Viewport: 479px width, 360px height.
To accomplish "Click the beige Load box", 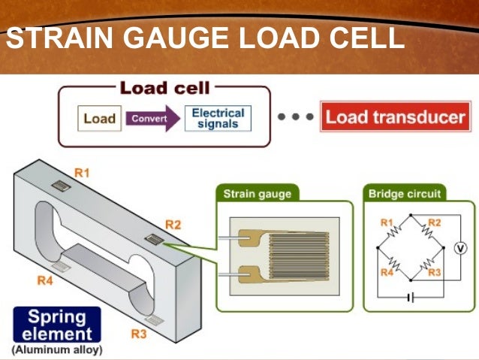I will coord(98,119).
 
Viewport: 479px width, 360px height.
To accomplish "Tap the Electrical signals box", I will coord(218,119).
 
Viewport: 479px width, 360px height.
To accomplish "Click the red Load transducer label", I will coord(395,118).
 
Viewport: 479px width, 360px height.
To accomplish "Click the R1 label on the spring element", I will coord(82,173).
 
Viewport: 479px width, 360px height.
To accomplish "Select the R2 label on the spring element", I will coord(173,224).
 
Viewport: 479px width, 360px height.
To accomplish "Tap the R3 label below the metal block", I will coord(139,334).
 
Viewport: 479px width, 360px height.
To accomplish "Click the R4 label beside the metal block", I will coord(45,281).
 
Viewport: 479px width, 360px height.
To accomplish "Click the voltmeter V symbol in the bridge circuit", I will coord(462,247).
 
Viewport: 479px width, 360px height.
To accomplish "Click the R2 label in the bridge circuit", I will coord(434,222).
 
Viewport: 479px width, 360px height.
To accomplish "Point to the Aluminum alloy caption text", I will coord(56,350).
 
